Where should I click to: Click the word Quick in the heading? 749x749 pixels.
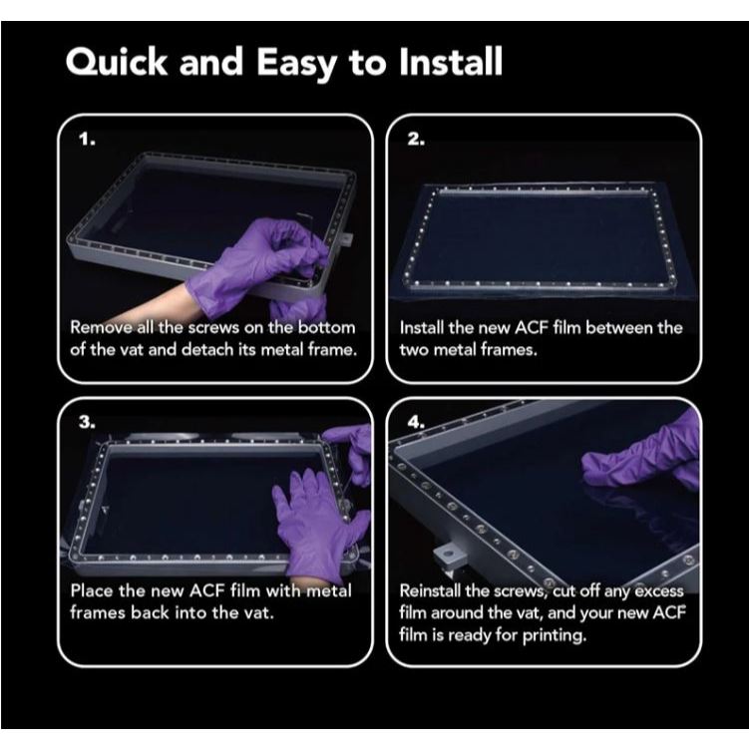tap(117, 62)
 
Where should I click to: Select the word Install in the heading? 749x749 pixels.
tap(451, 61)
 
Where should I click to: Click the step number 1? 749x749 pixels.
tap(87, 140)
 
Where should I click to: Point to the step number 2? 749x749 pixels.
tap(416, 139)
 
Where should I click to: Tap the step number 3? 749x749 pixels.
tap(87, 422)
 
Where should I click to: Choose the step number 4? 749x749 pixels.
tap(416, 422)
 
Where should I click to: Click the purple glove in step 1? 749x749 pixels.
tap(253, 267)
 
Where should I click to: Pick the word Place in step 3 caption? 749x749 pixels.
tap(92, 590)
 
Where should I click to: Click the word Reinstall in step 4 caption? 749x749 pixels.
tap(431, 590)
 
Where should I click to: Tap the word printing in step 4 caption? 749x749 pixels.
tap(555, 635)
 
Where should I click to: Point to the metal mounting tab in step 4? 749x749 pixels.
tap(447, 557)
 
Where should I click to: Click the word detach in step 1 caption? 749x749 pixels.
tap(207, 350)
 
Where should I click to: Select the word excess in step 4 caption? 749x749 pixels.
tap(659, 591)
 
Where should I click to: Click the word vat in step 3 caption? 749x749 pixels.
tap(260, 612)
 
